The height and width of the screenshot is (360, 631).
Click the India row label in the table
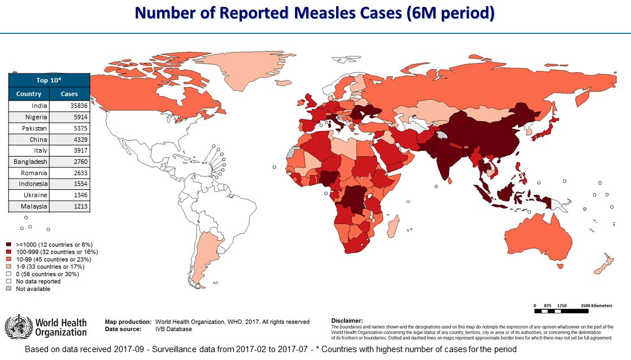[39, 106]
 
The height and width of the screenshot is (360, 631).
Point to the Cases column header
[69, 94]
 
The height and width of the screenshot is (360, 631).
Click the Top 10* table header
[49, 80]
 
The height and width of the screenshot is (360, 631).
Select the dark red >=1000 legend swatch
[9, 245]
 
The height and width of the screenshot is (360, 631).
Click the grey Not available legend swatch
[9, 289]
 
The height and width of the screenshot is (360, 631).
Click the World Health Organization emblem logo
[19, 326]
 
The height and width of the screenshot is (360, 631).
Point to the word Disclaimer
[347, 320]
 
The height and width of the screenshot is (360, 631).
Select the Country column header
[29, 94]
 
